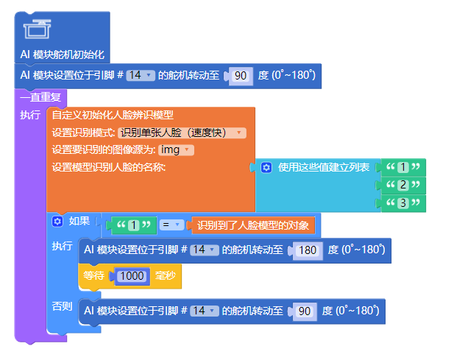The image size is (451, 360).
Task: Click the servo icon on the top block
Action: [36, 29]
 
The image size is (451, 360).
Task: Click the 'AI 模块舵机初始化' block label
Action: [63, 54]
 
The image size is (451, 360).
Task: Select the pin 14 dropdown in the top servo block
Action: [140, 75]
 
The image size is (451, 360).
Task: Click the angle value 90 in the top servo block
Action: [240, 76]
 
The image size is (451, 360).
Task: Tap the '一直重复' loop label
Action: [40, 96]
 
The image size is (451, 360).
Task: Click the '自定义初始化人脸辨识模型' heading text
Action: [113, 115]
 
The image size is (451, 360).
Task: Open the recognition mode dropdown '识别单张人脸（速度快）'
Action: [182, 133]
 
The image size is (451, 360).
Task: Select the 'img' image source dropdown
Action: [176, 150]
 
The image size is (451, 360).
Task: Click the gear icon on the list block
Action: [266, 167]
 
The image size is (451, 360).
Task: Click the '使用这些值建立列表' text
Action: [324, 167]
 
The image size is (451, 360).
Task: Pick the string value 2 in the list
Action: [402, 185]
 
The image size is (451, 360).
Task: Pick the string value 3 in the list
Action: [402, 202]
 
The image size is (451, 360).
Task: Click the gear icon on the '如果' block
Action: [57, 221]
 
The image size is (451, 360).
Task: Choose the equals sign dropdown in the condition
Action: [171, 225]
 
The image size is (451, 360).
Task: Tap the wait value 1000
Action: [132, 277]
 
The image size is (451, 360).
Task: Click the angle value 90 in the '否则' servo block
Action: [304, 311]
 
